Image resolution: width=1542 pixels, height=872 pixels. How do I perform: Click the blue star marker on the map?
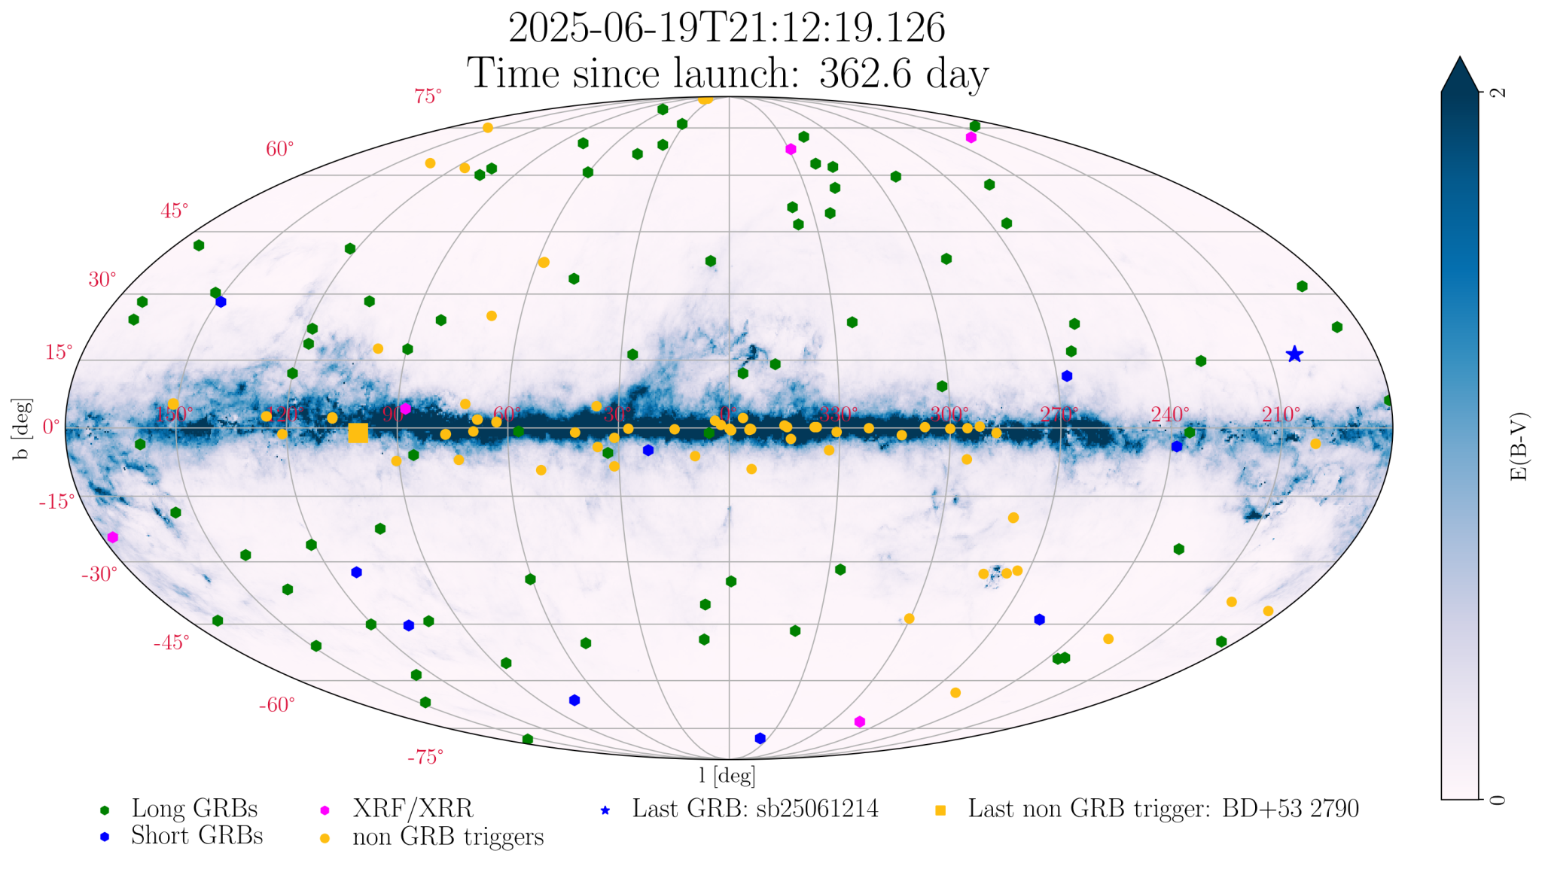1294,354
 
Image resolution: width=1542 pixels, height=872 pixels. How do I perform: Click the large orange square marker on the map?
358,433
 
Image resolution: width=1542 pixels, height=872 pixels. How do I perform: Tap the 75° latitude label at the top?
428,96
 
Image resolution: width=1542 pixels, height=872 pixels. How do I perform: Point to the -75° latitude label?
425,757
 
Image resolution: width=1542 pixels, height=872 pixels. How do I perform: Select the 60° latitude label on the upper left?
279,149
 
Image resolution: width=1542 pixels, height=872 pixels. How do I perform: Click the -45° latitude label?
171,643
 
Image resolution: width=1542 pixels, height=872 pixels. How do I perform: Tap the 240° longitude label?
1169,415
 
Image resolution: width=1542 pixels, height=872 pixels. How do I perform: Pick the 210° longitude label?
1281,415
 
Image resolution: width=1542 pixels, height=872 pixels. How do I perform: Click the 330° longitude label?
838,415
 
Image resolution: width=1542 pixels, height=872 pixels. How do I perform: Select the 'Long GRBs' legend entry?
194,809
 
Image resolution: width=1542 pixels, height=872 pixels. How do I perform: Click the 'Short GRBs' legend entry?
197,836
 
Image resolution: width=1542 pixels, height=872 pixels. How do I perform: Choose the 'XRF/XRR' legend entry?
413,809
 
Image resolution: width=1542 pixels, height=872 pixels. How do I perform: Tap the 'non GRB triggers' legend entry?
448,837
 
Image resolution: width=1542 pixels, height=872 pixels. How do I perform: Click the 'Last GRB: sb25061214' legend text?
755,809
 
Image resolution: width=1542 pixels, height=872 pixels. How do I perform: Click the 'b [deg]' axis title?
22,429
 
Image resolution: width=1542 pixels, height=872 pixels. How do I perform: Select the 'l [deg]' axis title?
727,775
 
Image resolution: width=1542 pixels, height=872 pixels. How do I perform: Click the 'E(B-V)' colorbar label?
1519,446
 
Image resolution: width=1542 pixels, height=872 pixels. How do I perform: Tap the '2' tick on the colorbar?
1499,93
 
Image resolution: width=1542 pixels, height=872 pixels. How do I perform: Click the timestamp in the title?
727,29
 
